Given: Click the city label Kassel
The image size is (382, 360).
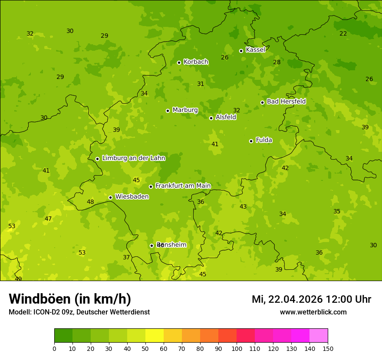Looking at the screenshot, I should tap(255, 50).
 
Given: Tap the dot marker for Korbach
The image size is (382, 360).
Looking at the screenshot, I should tap(179, 62).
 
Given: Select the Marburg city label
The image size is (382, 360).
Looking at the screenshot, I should tap(185, 110).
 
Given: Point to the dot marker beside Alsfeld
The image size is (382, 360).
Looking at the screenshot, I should tap(211, 118).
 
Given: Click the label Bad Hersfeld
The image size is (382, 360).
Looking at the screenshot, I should tap(286, 101).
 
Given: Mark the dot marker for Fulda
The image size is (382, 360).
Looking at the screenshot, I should tap(251, 141).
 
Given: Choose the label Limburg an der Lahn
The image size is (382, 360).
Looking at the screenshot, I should tap(133, 158).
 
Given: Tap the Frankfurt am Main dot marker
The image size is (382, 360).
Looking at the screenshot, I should tap(151, 187).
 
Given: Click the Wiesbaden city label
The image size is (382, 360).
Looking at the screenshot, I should tap(132, 197).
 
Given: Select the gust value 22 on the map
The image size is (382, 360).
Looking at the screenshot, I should tap(343, 34).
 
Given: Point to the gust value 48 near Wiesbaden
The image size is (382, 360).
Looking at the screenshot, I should tap(90, 202).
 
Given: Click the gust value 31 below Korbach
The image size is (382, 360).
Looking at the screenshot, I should tap(201, 84).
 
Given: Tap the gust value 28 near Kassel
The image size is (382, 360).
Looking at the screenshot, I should tap(277, 62).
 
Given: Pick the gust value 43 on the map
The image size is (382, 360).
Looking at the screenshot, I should tap(243, 207).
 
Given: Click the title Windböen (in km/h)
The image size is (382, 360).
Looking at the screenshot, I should tap(70, 299).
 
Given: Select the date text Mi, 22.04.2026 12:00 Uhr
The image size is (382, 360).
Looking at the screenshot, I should tap(311, 299).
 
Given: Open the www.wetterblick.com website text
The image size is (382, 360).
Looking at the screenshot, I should tap(313, 312).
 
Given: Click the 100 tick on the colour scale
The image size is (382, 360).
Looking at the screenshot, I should tap(237, 348).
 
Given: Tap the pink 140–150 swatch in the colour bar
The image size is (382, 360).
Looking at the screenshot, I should tap(319, 336).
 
